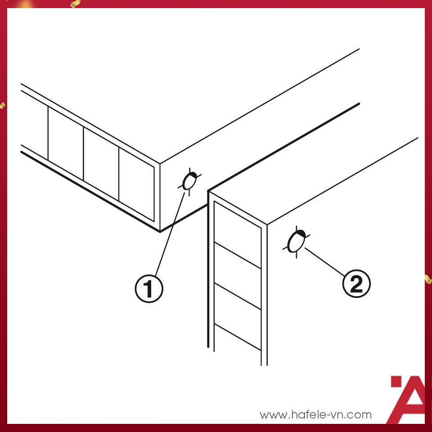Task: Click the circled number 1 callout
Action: pos(149,289)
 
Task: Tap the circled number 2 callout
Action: pos(356,283)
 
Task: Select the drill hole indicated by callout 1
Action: pos(189,182)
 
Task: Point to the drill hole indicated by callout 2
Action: pos(297,242)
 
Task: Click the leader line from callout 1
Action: pos(170,234)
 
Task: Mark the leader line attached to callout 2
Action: pos(324,262)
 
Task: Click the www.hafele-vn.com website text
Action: pos(315,414)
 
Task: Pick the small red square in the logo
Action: pos(396,382)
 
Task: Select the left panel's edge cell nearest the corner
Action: pos(136,184)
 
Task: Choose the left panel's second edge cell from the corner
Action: pos(101,164)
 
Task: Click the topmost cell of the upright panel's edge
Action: pos(238,235)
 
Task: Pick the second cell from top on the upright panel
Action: pos(238,275)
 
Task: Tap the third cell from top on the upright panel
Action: pos(238,316)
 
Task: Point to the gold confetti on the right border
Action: pos(428,279)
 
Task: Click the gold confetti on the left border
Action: pos(2,105)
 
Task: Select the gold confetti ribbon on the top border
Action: pos(75,4)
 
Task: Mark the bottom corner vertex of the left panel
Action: pos(160,232)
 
